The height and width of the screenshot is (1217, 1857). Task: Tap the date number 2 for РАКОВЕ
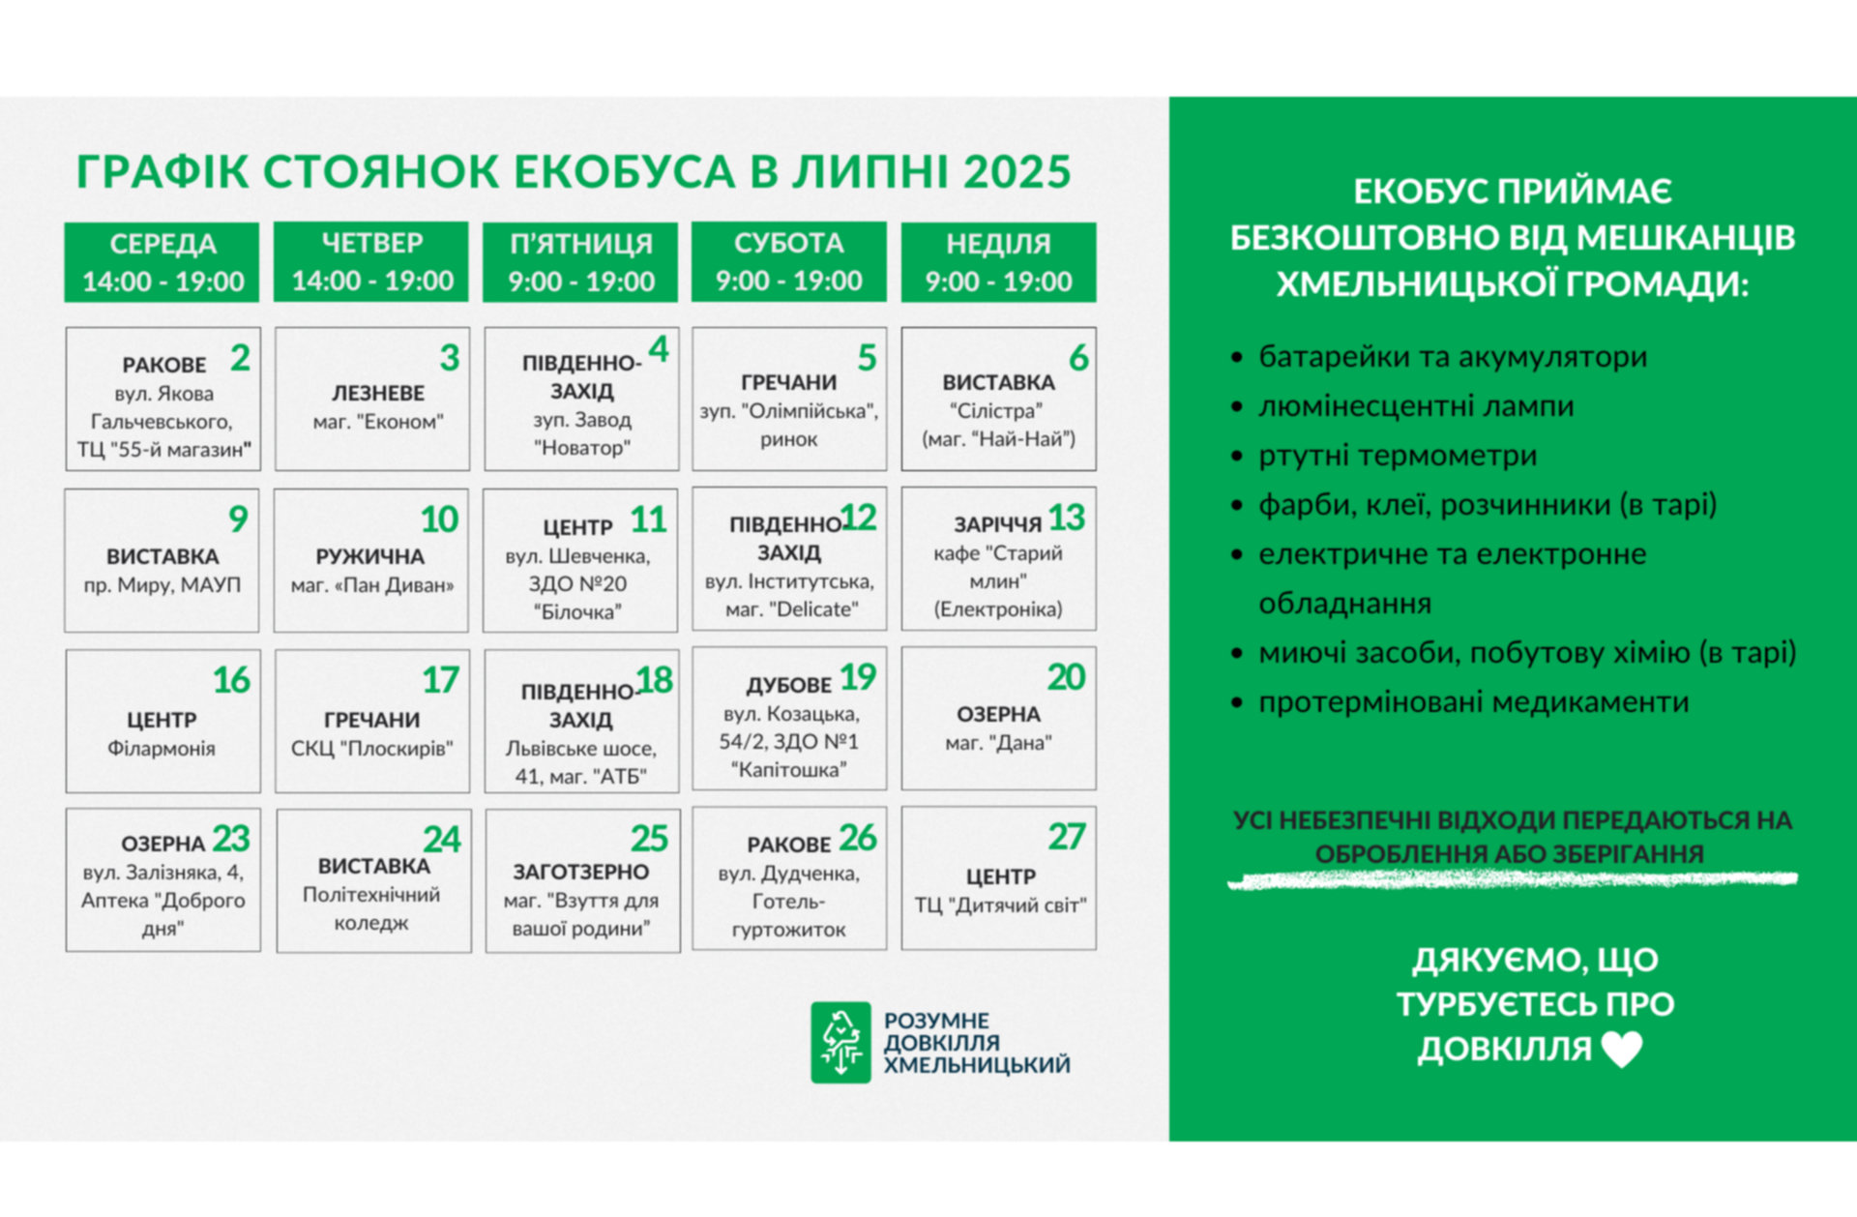240,358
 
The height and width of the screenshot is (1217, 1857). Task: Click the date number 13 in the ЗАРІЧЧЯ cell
1067,518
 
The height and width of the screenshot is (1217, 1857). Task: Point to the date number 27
1067,837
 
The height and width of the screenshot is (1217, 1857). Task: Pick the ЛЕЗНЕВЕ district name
378,393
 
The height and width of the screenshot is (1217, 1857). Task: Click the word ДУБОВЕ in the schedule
788,685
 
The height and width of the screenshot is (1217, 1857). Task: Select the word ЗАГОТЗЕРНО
581,872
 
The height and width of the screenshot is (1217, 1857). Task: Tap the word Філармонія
162,748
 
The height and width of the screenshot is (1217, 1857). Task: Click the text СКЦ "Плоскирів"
372,749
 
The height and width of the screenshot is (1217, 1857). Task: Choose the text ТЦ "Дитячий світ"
1001,905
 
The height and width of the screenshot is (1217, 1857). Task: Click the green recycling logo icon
840,1042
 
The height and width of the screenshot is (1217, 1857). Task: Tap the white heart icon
1622,1050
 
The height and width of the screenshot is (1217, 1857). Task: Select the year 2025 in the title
1017,172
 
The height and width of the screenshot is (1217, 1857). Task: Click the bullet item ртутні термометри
1398,455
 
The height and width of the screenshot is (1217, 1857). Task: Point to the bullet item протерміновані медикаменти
1473,701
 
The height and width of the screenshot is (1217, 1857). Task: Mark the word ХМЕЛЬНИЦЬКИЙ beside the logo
977,1065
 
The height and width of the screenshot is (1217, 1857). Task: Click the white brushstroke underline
1513,879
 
